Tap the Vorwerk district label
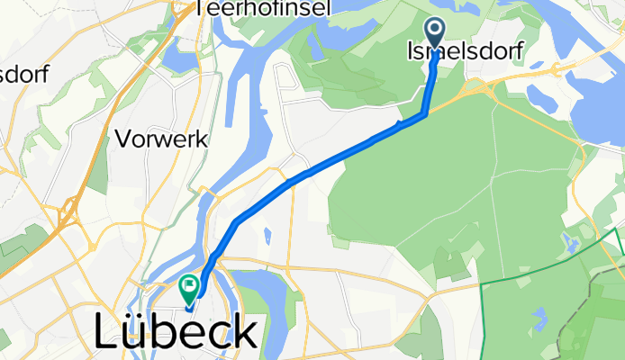coord(162,140)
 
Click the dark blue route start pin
coord(436,33)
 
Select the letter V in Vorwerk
coord(122,140)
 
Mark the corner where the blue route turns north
coord(423,113)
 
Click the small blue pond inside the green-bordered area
coord(539,317)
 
